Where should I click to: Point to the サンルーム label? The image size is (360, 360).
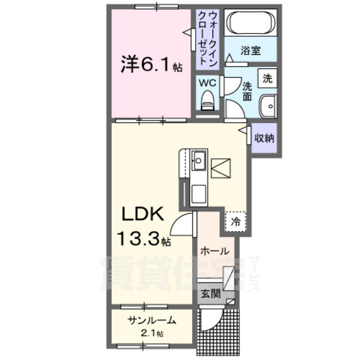click(151, 320)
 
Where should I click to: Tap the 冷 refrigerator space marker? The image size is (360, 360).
click(235, 222)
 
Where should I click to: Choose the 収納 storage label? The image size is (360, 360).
click(263, 138)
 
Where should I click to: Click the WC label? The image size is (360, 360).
click(207, 83)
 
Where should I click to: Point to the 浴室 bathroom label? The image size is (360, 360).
click(250, 50)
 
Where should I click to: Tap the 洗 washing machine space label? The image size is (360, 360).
click(266, 76)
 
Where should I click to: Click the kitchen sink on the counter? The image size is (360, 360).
click(199, 160)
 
